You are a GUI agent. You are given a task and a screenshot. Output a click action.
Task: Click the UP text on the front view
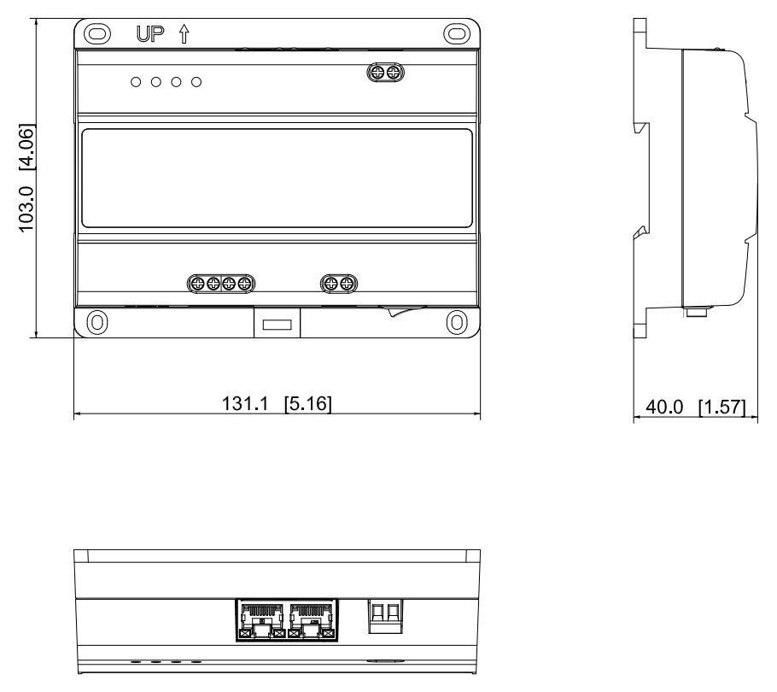click(x=149, y=33)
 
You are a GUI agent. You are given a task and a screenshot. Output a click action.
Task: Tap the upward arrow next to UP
click(x=184, y=33)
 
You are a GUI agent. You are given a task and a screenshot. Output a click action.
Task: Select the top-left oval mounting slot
click(x=97, y=33)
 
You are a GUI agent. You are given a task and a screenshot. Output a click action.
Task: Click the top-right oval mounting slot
click(x=457, y=33)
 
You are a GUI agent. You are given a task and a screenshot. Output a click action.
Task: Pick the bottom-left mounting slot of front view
click(x=97, y=322)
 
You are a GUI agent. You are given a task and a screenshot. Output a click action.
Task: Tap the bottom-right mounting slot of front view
click(x=457, y=322)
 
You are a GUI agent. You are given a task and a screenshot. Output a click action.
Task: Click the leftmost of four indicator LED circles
click(x=136, y=82)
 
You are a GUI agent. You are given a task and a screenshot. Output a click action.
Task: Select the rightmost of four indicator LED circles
click(x=196, y=82)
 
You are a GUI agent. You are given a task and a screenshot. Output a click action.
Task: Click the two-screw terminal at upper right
click(x=386, y=73)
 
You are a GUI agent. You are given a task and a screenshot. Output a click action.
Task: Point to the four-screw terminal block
click(x=221, y=284)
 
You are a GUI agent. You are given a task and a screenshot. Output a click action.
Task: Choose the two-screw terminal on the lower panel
click(x=339, y=284)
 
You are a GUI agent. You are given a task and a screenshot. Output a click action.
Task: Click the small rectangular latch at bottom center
click(x=277, y=325)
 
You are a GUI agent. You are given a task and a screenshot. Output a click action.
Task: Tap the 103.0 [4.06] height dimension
click(x=26, y=178)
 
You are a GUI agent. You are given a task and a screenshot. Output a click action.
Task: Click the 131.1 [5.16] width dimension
click(x=277, y=403)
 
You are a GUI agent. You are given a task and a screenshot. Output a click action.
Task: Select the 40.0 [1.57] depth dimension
click(x=695, y=407)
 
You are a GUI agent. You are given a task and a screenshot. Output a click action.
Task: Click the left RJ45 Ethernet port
click(x=261, y=620)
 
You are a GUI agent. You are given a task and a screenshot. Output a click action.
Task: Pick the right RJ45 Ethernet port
click(x=311, y=620)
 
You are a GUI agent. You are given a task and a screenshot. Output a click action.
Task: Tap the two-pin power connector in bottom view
click(x=386, y=617)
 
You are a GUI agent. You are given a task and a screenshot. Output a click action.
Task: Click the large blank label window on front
click(x=277, y=179)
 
